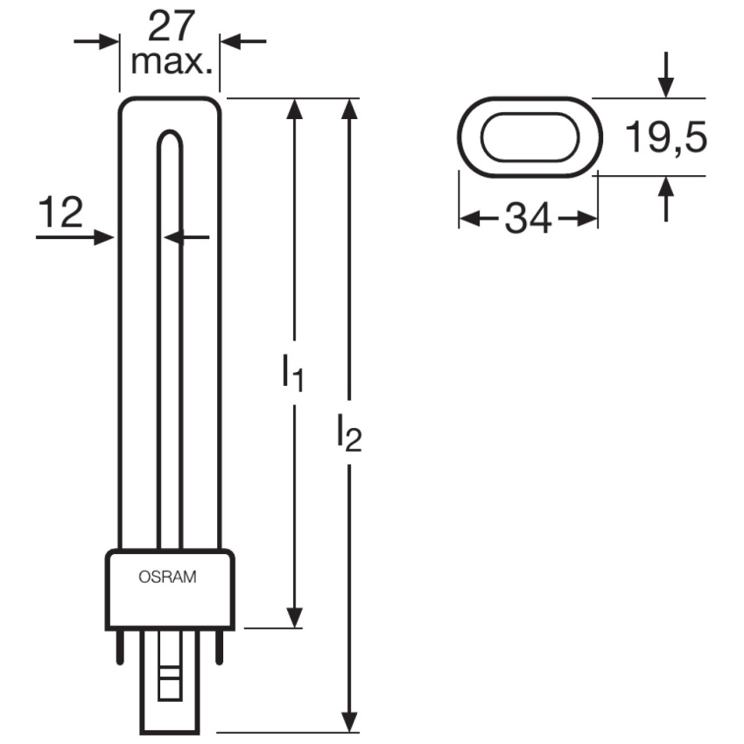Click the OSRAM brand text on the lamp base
tap(167, 577)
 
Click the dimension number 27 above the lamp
tap(172, 26)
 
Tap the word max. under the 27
tap(172, 62)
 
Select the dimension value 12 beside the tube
tap(60, 212)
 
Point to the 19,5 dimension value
tap(666, 137)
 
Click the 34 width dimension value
tap(528, 219)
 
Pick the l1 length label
tap(292, 373)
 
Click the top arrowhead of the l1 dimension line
tap(295, 109)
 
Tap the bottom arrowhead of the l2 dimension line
tap(350, 721)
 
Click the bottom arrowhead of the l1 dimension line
tap(295, 618)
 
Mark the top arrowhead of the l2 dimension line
tap(350, 109)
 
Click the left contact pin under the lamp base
tap(120, 647)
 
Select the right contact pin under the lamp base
tap(219, 647)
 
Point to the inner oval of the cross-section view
tap(530, 114)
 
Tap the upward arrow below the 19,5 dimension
tap(666, 199)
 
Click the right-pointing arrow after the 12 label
tap(75, 237)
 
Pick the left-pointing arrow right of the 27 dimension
tap(243, 41)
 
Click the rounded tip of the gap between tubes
tap(170, 131)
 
